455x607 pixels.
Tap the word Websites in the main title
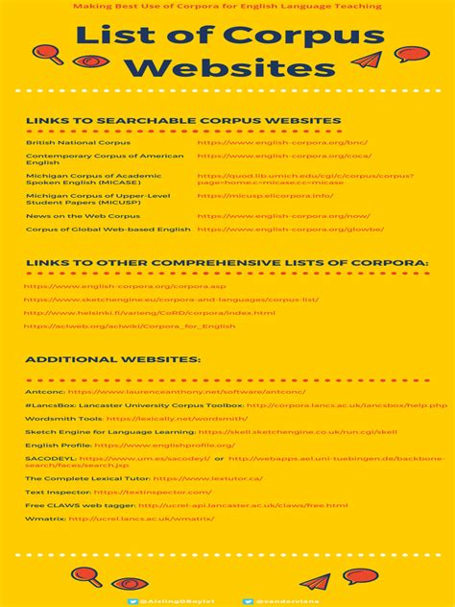(x=227, y=69)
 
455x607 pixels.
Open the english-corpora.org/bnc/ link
(x=282, y=142)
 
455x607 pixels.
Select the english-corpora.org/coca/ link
(x=284, y=156)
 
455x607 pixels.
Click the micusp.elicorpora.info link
(x=265, y=196)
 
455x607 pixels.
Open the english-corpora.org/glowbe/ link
(x=290, y=230)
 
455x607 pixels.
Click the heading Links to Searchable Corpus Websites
(x=183, y=121)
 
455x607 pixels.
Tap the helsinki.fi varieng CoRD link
(x=149, y=312)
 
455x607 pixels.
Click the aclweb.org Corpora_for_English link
(x=130, y=327)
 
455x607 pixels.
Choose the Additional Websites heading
(x=113, y=359)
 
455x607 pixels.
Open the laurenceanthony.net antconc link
(x=187, y=392)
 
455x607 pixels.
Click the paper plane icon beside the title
(x=367, y=61)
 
